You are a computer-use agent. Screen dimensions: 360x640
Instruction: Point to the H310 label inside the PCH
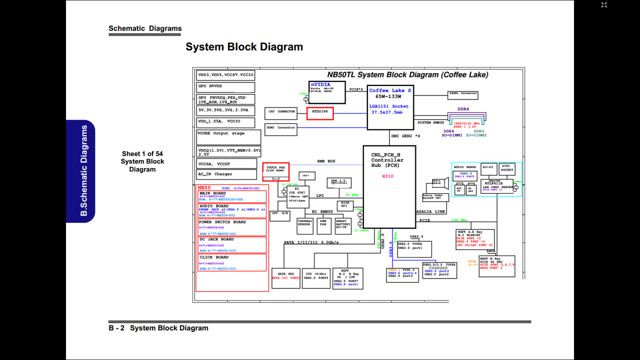pyautogui.click(x=388, y=176)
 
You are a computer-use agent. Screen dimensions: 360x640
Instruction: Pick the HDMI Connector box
pyautogui.click(x=280, y=127)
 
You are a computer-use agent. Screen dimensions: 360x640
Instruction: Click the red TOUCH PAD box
pyautogui.click(x=275, y=170)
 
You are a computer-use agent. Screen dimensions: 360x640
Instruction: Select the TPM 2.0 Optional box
pyautogui.click(x=338, y=182)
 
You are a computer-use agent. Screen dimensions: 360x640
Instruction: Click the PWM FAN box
pyautogui.click(x=323, y=226)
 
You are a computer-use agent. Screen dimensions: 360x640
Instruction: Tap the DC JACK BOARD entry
pyautogui.click(x=231, y=245)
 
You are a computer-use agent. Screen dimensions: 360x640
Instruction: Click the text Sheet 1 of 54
pyautogui.click(x=142, y=154)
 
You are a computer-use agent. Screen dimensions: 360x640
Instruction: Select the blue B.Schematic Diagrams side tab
pyautogui.click(x=80, y=171)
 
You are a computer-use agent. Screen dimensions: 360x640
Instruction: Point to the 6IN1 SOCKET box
pyautogui.click(x=507, y=168)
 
